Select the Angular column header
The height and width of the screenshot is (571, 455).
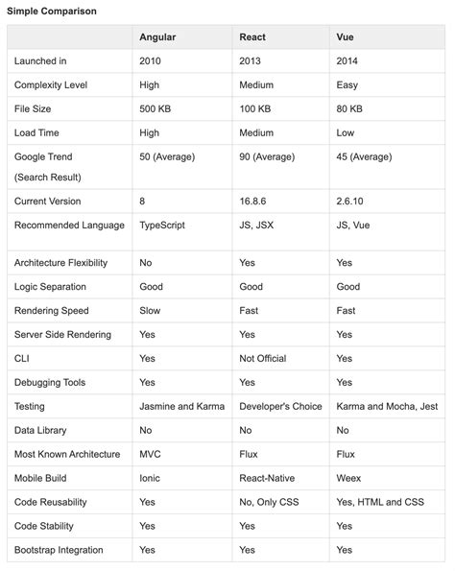click(x=157, y=37)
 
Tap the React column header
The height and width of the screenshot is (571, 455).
click(x=252, y=37)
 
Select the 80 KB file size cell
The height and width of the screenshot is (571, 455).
click(x=349, y=109)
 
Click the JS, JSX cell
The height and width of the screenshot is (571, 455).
click(x=257, y=226)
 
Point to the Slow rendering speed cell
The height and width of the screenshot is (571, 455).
click(x=151, y=311)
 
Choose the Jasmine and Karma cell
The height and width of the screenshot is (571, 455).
click(x=181, y=407)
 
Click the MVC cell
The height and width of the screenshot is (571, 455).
click(x=152, y=455)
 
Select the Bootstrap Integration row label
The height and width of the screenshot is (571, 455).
click(x=59, y=550)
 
